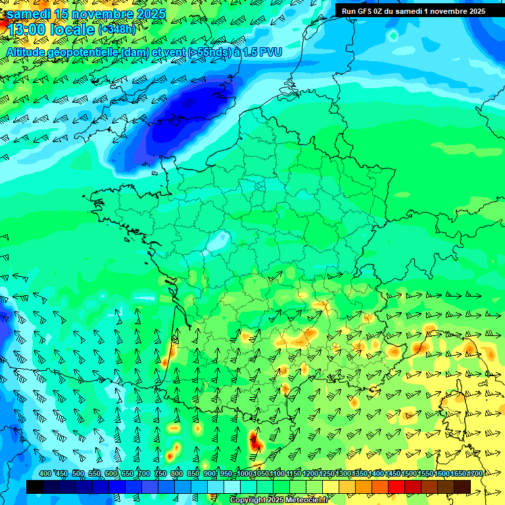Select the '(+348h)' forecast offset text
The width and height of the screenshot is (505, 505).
119,30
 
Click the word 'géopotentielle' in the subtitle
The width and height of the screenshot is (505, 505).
85,52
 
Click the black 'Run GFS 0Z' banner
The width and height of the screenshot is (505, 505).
414,11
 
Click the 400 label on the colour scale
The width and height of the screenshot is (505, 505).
45,474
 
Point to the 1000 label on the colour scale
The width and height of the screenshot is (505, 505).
244,474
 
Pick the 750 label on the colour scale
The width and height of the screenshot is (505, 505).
160,474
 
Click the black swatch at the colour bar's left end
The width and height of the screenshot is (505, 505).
35,487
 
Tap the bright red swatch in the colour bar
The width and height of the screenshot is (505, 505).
397,487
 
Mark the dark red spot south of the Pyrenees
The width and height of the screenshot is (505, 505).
256,443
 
